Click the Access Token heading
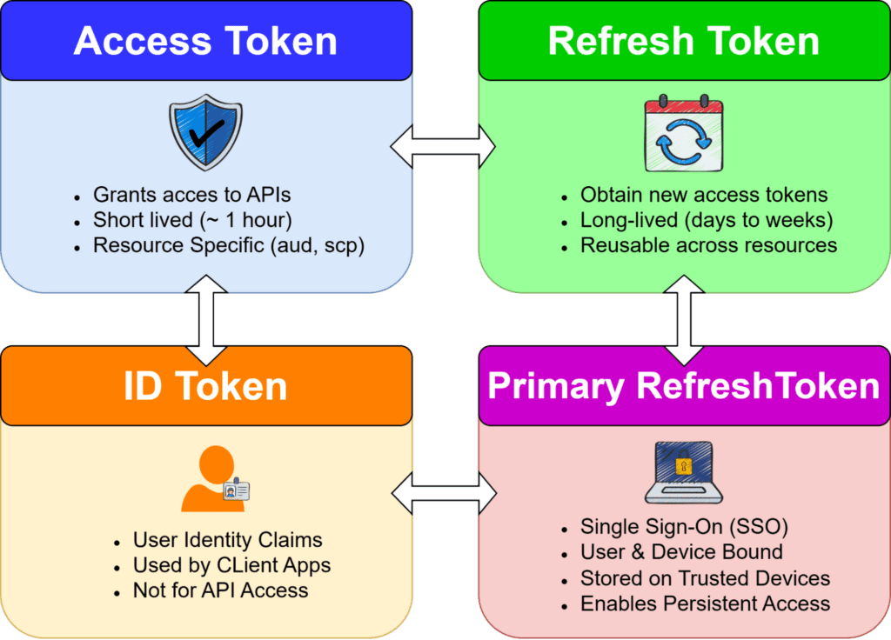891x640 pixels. (x=205, y=41)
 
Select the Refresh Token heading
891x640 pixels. (x=684, y=41)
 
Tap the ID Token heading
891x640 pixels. (x=205, y=385)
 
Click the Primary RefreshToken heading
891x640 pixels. (x=684, y=385)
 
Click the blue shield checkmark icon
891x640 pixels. (x=206, y=131)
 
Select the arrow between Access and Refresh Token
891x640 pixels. (x=444, y=146)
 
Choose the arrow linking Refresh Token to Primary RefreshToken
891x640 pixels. (x=685, y=320)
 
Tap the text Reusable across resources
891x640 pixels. (x=709, y=245)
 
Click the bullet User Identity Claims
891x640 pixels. (x=227, y=540)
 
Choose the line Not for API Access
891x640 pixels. (x=220, y=590)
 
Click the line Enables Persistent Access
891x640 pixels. (x=706, y=603)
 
